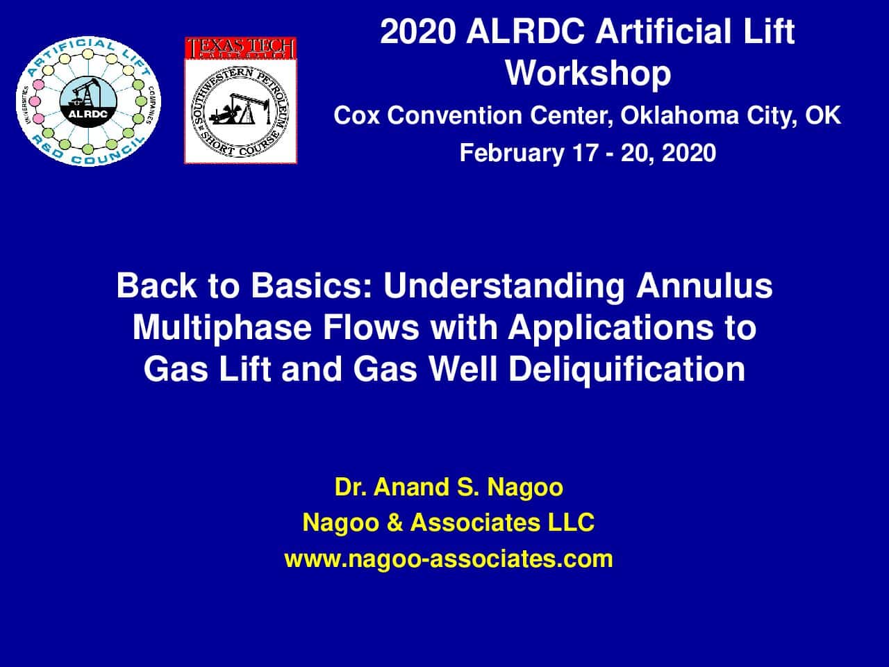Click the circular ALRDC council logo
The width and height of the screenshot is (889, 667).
(x=89, y=101)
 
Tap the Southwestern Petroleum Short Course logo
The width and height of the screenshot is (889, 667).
(x=240, y=111)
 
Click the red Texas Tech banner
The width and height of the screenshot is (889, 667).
(x=240, y=48)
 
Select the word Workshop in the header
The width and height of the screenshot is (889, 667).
(x=588, y=74)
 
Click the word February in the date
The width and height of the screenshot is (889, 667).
(x=512, y=154)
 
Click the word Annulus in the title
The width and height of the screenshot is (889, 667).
(x=704, y=286)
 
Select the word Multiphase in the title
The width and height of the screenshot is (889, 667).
(x=222, y=328)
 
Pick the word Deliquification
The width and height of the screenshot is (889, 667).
(x=627, y=370)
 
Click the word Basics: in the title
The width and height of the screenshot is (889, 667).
(x=311, y=286)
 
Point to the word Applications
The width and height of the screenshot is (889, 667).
(x=610, y=328)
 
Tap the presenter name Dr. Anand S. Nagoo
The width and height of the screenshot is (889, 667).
(x=449, y=487)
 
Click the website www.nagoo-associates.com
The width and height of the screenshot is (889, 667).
(x=449, y=559)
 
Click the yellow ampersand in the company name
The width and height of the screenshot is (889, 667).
(x=394, y=522)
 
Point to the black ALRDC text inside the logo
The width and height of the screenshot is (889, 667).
(x=88, y=114)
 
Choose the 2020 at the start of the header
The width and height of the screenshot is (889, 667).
(x=417, y=31)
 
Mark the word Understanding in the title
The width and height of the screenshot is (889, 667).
(x=504, y=286)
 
